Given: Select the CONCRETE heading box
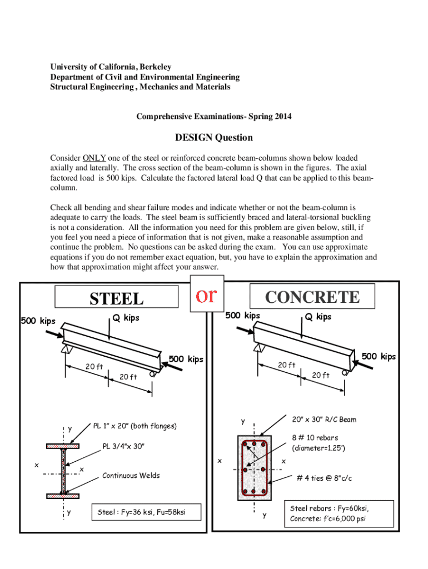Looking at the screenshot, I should pos(312,297).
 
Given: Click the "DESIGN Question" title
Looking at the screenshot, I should pos(214,137).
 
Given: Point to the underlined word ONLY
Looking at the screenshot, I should pos(94,157).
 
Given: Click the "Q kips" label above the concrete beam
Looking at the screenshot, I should pos(318,317).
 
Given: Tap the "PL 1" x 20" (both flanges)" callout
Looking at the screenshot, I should pos(135,426).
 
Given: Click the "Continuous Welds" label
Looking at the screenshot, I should pos(131,475).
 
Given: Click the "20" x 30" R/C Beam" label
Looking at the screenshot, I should pos(324,420).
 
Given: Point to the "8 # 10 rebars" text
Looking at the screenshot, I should pos(315,437).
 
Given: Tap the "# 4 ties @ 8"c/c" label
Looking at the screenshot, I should pos(324,478).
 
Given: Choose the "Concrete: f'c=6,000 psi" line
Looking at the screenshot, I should pos(327,519).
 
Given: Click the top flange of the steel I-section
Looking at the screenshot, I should pos(63,446).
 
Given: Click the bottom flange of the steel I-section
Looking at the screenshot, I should pos(63,495).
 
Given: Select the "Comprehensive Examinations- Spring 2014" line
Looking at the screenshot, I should pos(214,116).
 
